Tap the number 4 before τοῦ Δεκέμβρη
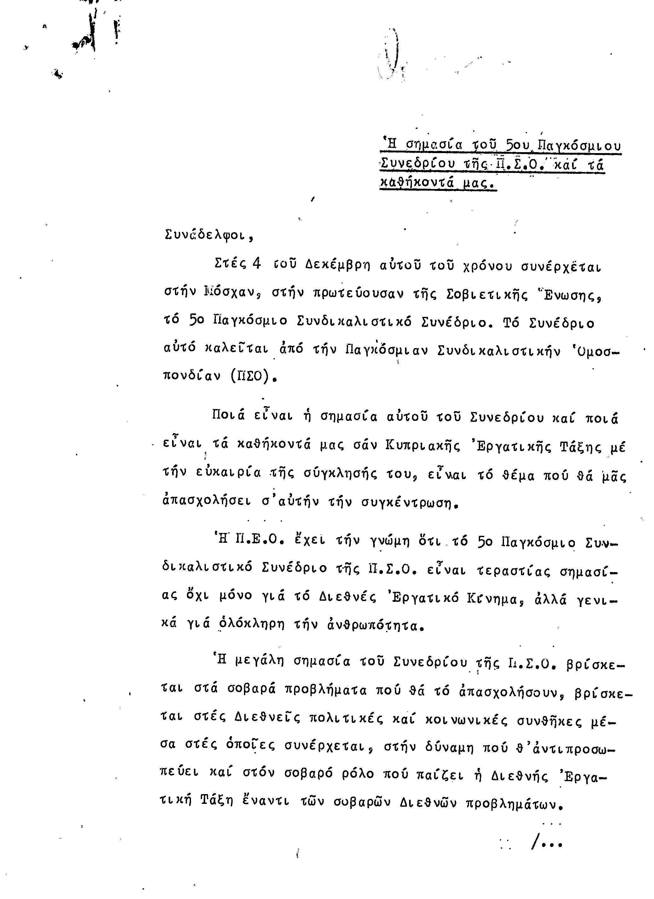point(256,264)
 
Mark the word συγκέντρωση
point(410,503)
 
